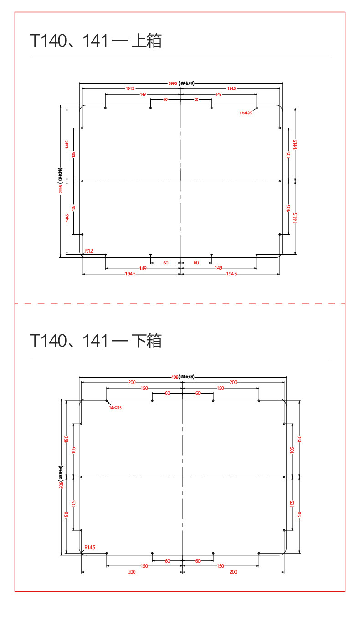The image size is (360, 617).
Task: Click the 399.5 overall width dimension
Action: (173, 83)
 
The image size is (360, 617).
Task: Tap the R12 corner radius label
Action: (89, 251)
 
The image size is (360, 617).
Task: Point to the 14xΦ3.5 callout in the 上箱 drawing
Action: (246, 113)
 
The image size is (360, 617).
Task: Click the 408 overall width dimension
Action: (174, 377)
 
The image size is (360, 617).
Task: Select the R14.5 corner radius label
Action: (90, 547)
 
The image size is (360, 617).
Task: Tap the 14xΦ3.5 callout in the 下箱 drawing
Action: (115, 407)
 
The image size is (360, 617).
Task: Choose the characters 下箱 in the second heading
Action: (146, 341)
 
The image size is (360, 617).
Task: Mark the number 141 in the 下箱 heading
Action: (96, 341)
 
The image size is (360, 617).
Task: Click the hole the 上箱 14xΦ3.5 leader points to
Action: (257, 108)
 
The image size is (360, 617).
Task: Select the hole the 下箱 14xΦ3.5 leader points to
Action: (107, 401)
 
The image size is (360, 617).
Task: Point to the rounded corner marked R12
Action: (83, 255)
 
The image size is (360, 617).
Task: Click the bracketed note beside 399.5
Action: (186, 83)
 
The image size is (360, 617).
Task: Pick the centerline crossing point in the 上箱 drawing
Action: (181, 181)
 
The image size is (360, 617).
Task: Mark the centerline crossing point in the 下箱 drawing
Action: (182, 477)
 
